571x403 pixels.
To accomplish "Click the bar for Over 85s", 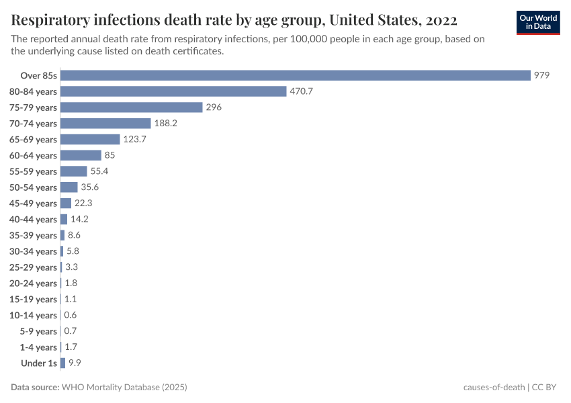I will click(x=296, y=75).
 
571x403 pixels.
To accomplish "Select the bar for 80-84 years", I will click(x=173, y=91).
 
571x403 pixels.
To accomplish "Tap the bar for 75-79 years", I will click(x=132, y=107).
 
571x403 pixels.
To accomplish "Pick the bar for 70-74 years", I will click(x=105, y=124).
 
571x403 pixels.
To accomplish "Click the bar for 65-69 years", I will click(x=90, y=139).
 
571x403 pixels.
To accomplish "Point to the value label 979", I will click(x=542, y=75).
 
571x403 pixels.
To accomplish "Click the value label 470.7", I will click(x=302, y=91).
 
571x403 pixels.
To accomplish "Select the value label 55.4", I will click(x=99, y=171).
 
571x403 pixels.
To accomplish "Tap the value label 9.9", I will click(x=75, y=363).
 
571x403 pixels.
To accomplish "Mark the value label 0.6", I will click(x=70, y=315).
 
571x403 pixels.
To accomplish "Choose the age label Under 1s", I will click(x=39, y=363).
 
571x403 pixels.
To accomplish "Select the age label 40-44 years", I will click(x=33, y=220).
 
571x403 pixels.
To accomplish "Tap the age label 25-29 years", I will click(x=33, y=267).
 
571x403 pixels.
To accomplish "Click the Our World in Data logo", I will click(x=538, y=22).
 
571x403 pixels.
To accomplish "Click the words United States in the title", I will click(x=374, y=19).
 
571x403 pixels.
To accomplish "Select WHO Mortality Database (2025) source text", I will click(x=124, y=388).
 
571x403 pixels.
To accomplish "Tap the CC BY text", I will click(x=547, y=388).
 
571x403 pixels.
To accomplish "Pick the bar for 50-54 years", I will click(x=69, y=187).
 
